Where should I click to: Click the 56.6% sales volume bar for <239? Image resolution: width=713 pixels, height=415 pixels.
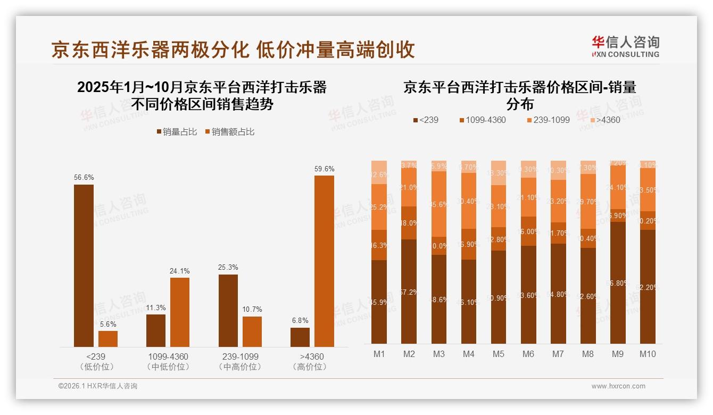tap(84, 265)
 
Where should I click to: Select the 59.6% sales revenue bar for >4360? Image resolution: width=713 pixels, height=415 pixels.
tap(324, 261)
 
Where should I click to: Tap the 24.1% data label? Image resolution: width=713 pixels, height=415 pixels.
tap(180, 271)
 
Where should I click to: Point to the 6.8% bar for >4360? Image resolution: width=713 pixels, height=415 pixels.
tap(300, 337)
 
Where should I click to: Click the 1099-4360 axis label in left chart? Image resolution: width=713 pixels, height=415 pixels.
tap(168, 356)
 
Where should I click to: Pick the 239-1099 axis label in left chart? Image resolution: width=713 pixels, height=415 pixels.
tap(240, 356)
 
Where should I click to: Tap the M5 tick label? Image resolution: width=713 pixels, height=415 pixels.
tap(498, 354)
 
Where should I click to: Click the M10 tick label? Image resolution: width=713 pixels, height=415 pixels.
tap(648, 354)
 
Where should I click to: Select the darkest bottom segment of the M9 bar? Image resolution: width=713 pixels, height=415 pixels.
tap(618, 283)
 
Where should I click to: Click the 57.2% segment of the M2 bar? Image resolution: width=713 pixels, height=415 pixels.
tap(409, 292)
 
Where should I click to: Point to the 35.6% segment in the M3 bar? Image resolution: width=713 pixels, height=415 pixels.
tap(439, 204)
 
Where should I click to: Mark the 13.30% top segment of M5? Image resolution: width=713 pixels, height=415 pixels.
tap(498, 172)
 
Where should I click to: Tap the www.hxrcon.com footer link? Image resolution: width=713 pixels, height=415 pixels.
tap(618, 386)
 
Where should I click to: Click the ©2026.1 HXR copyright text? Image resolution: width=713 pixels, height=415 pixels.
tap(97, 386)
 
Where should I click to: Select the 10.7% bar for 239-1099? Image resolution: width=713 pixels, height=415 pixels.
tap(252, 331)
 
